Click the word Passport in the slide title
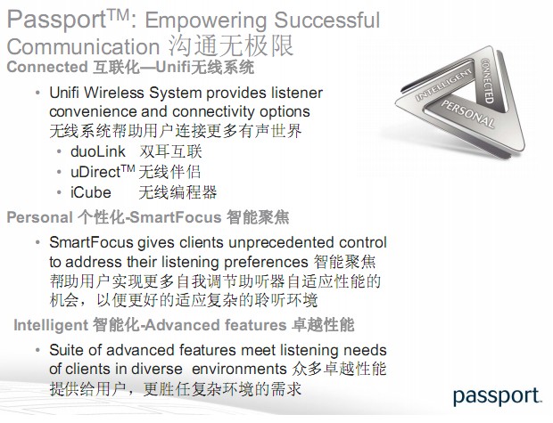pos(56,20)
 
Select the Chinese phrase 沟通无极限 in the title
pos(231,46)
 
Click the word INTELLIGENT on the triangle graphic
pos(443,85)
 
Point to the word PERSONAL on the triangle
pos(468,113)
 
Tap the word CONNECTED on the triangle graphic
pos(487,80)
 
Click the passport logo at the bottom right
pos(498,396)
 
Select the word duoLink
pos(98,151)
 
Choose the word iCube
pos(91,192)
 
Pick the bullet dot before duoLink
pos(59,151)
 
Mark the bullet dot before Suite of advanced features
pos(37,350)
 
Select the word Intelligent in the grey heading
pos(51,325)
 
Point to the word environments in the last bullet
pos(239,369)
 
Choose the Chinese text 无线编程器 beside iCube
pos(177,192)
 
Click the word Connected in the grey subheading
pos(47,67)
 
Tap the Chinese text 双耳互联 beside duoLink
pos(170,151)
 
